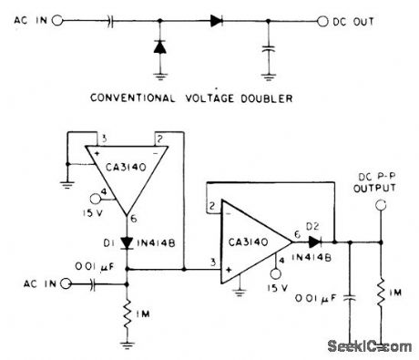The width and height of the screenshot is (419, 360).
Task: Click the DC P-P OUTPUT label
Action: click(374, 182)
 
